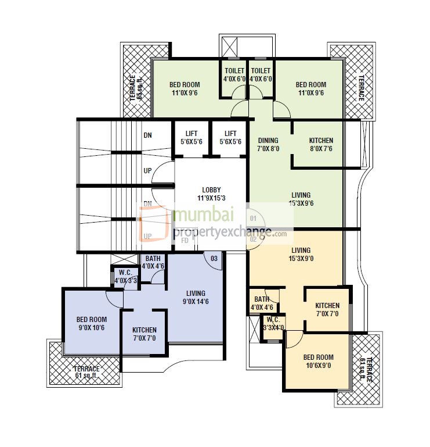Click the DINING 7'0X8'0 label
point(268,144)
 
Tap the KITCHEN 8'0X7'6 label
point(321,144)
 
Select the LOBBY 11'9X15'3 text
point(211,194)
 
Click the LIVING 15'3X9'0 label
point(301,255)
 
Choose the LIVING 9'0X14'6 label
point(195,298)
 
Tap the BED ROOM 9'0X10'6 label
point(92,324)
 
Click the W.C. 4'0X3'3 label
point(126,277)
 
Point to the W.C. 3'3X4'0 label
point(272,323)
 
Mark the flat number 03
point(214,258)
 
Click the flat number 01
point(253,219)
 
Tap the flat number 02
point(254,238)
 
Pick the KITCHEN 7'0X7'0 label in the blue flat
point(144,334)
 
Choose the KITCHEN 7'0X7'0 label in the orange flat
point(327,310)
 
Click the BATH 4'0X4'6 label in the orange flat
point(262,303)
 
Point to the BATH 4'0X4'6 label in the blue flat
point(153,262)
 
